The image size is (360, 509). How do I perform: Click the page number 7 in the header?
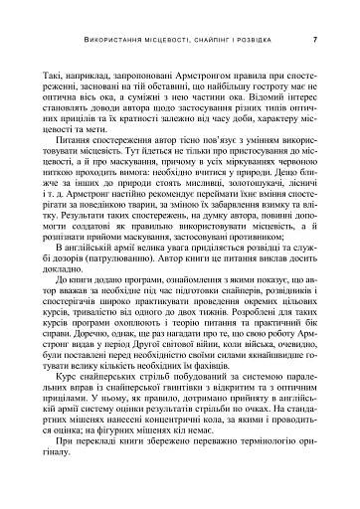[x=314, y=41]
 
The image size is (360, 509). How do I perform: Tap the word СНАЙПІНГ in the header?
[x=225, y=41]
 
